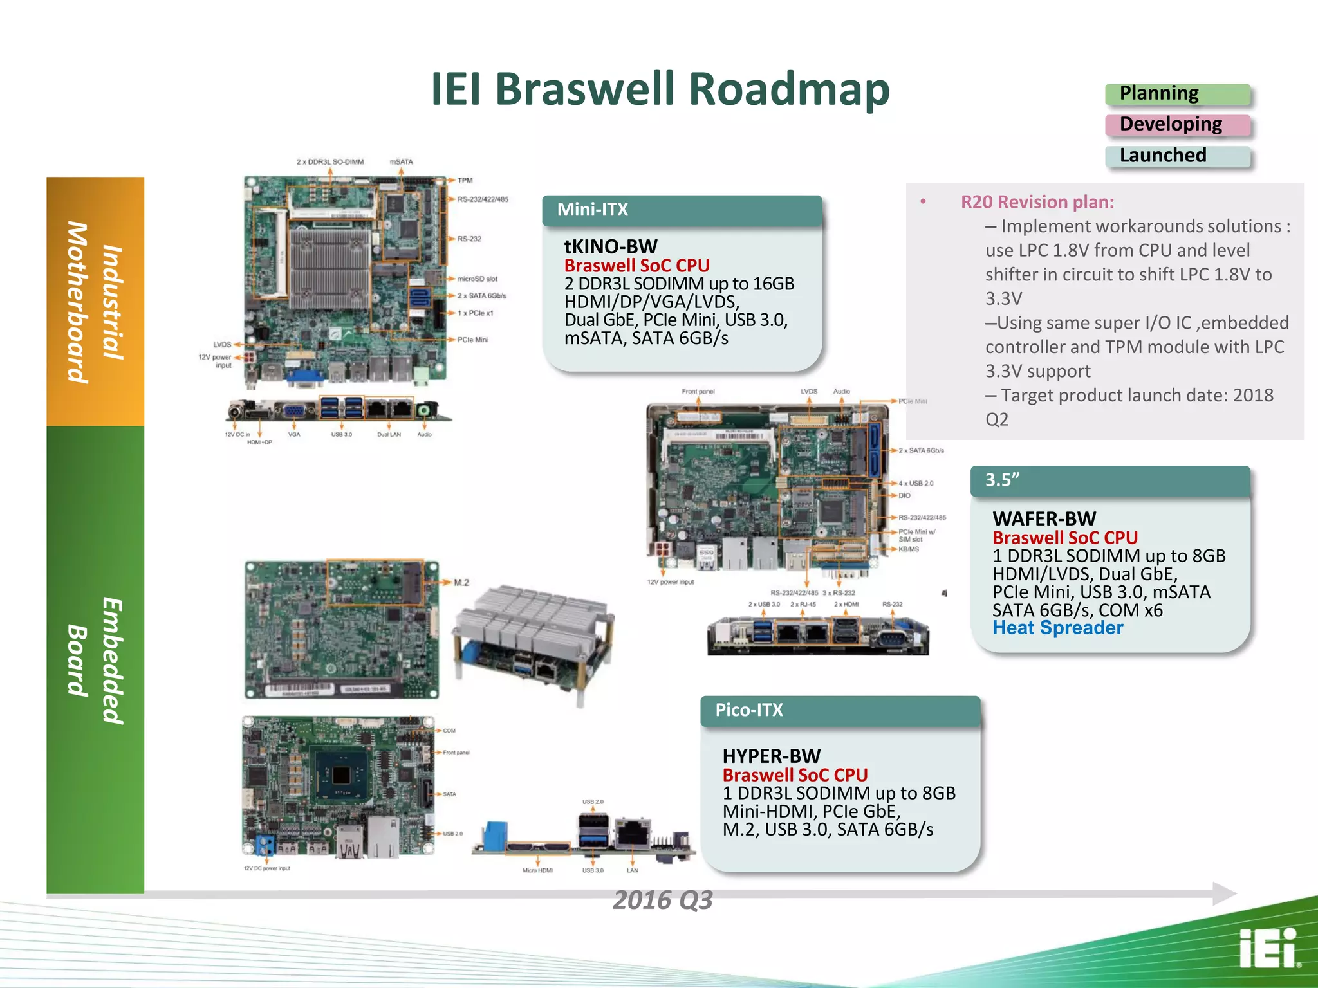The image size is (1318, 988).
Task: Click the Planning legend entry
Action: (x=1177, y=94)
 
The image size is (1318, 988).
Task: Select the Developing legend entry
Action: (x=1177, y=125)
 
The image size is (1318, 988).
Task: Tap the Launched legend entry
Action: (x=1177, y=156)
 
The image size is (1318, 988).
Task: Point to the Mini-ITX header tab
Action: (x=682, y=210)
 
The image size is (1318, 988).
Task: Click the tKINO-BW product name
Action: (x=611, y=246)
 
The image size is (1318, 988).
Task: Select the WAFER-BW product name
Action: (x=1044, y=518)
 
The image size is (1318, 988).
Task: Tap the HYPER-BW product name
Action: (x=771, y=756)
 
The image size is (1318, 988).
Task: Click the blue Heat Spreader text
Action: (x=1057, y=628)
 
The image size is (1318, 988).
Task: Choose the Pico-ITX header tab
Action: (x=840, y=710)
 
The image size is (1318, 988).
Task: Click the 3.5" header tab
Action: (x=1109, y=480)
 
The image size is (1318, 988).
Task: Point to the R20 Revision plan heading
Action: (x=1037, y=202)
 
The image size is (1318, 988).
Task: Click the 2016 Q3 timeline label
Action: (x=662, y=900)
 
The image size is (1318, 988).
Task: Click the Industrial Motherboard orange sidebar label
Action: (x=95, y=302)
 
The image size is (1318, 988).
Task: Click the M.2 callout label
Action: (x=461, y=583)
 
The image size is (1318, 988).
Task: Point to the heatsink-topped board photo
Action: (x=534, y=640)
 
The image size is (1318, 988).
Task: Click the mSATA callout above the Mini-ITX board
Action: (x=401, y=162)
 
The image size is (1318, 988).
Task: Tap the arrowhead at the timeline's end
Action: (x=1223, y=893)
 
